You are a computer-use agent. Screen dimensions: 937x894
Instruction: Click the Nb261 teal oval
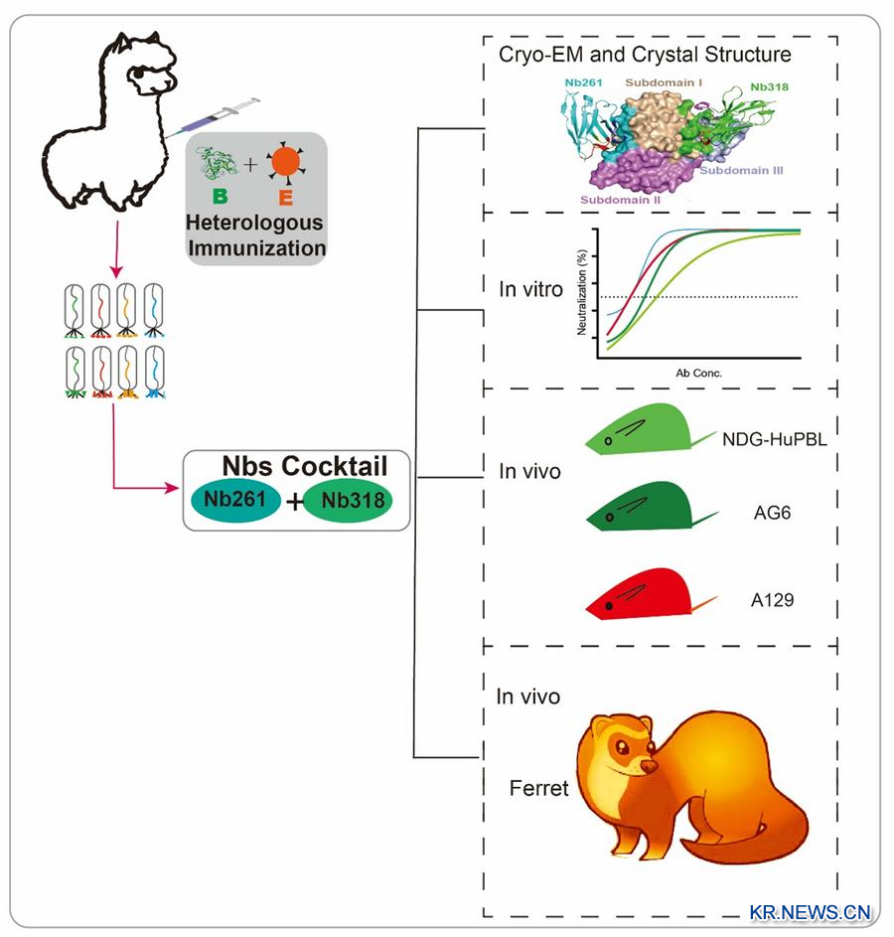(235, 501)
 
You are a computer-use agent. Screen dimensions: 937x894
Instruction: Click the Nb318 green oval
(349, 501)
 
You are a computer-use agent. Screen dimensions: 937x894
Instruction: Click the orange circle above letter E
(285, 162)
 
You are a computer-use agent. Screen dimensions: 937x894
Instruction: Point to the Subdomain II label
(621, 199)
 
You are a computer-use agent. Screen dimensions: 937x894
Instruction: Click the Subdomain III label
(742, 171)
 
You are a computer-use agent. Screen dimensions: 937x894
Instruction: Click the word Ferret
(538, 789)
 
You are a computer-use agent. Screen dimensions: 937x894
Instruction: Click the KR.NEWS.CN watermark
(810, 911)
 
